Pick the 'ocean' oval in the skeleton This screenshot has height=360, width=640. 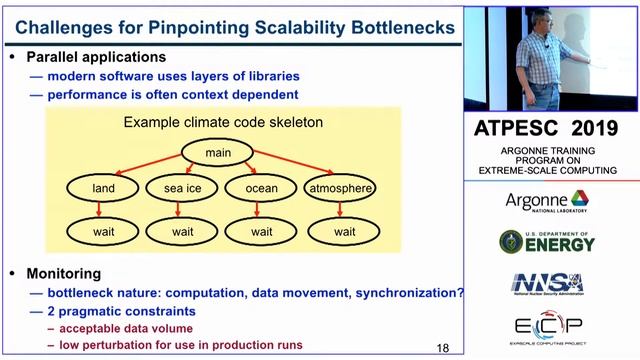click(262, 188)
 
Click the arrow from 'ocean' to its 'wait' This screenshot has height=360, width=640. click(262, 210)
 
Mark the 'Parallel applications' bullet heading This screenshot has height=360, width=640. click(96, 57)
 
